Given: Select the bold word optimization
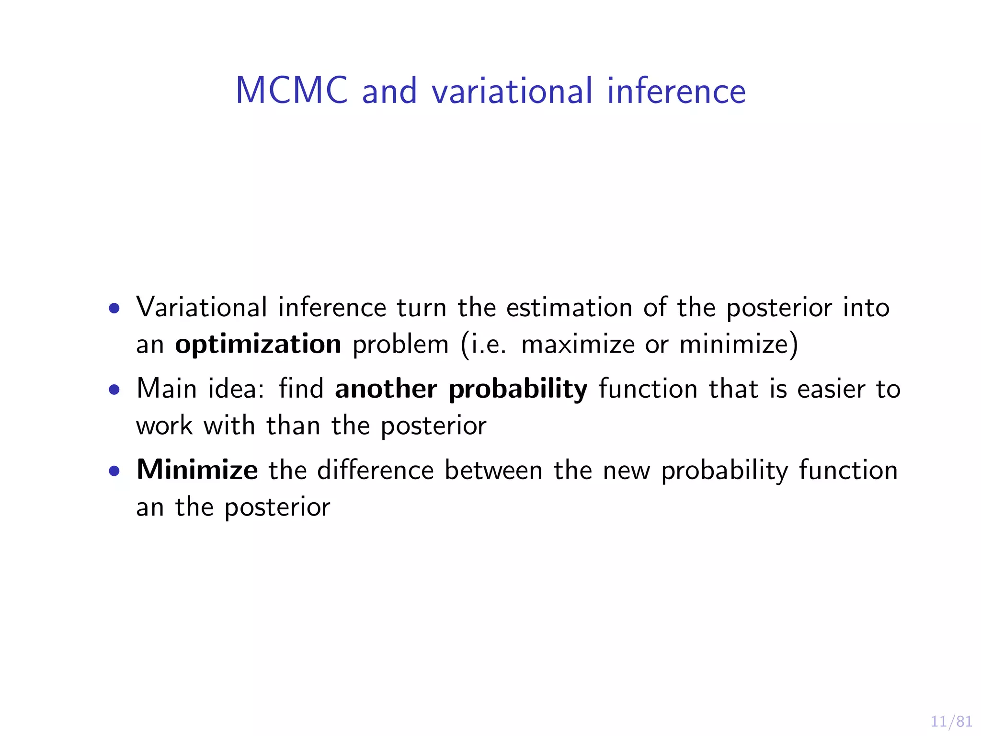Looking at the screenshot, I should point(258,345).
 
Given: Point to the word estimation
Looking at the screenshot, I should point(570,307).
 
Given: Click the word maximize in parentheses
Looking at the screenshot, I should point(578,345).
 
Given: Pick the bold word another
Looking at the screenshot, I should point(386,389).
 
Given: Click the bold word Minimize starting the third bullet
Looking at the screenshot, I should point(197,470).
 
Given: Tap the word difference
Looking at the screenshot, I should point(376,470).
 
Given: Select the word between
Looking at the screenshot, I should point(493,470).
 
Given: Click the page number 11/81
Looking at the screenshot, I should point(951,722).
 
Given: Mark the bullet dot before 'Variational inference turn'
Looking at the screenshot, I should point(114,308).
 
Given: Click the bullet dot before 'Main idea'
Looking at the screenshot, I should point(114,390).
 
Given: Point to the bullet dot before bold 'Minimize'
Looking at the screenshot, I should point(114,471).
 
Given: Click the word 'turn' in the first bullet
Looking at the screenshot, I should point(422,307).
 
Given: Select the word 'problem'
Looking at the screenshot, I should point(400,345).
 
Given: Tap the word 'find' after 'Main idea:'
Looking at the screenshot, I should point(301,389).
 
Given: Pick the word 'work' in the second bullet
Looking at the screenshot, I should point(164,425).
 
